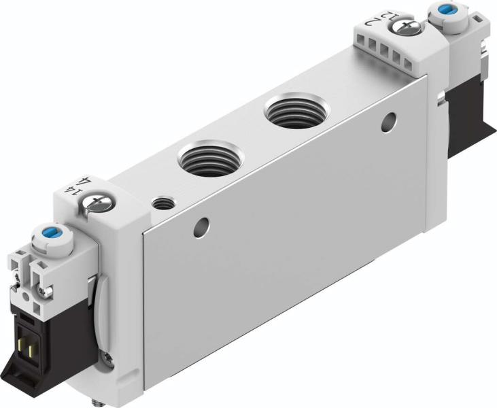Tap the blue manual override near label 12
(447, 10)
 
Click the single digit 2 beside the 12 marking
(373, 22)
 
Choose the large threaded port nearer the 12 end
(296, 110)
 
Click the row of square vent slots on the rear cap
(395, 54)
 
